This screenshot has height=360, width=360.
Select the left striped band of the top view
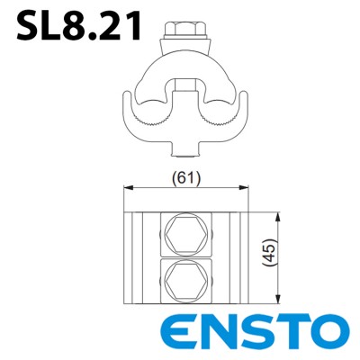[142, 256]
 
